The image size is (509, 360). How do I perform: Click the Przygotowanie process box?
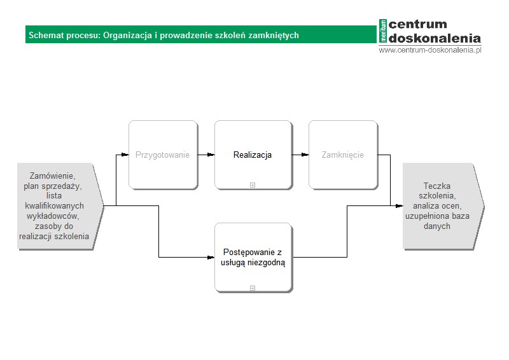coord(164,155)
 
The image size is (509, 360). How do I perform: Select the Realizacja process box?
coord(253,155)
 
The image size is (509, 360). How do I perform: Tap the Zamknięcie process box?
coord(344,155)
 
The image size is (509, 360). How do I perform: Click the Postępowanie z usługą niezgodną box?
coord(253,258)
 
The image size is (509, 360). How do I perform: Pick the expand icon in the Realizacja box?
coord(253,185)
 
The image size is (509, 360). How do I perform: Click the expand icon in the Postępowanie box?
coord(253,288)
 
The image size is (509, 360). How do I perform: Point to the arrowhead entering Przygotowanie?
coord(125,155)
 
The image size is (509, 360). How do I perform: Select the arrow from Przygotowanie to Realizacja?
coord(206,155)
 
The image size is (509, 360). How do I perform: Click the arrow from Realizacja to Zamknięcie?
coord(300,155)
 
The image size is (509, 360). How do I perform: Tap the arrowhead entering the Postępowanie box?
coord(211,258)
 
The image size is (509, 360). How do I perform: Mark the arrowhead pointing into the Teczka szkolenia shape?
coord(400,206)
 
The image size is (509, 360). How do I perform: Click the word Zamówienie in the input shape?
coord(53,176)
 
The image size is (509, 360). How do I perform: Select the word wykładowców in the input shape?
coord(53,216)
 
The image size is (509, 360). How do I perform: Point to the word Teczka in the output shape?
coord(437,186)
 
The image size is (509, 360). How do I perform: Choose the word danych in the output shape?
coord(437,226)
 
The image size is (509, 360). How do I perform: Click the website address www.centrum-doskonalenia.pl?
coord(430,50)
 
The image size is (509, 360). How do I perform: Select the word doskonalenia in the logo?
coord(435,38)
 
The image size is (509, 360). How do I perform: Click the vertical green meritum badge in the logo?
coord(383,31)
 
